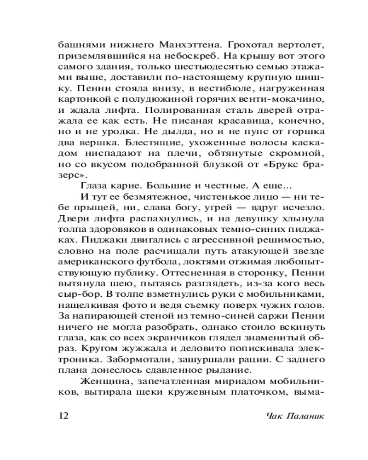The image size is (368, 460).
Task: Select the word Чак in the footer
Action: click(x=274, y=416)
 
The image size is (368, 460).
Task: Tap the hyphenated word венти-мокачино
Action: click(x=278, y=98)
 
